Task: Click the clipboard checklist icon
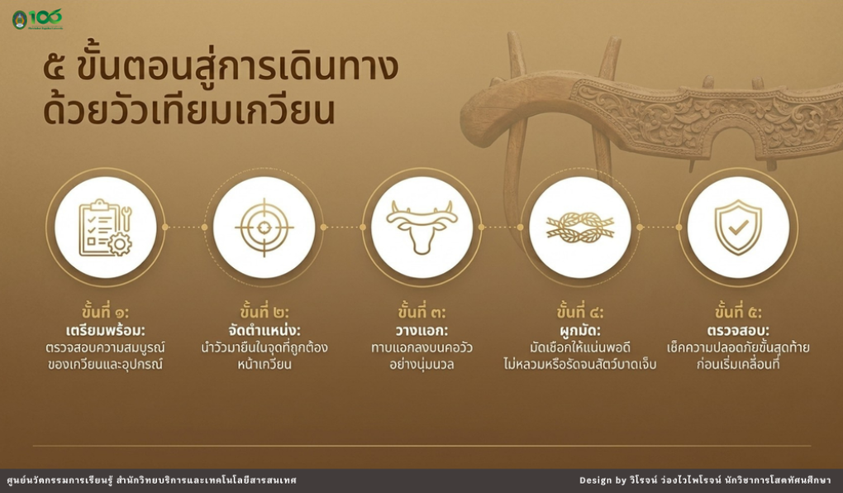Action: (106, 227)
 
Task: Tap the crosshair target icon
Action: (264, 227)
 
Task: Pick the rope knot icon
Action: (580, 227)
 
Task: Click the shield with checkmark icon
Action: (738, 227)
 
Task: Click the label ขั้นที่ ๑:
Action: (106, 312)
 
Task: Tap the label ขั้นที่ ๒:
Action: (264, 312)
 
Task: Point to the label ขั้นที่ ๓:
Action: (422, 312)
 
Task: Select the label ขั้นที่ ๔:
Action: (580, 312)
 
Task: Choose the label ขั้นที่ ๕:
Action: (738, 312)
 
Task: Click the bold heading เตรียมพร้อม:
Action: (106, 329)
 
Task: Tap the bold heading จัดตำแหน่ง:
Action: (264, 329)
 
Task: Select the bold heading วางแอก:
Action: (422, 330)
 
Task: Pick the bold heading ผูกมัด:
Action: (580, 329)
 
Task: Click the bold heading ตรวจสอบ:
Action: (738, 330)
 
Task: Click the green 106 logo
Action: (38, 19)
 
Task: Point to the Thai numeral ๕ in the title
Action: (56, 69)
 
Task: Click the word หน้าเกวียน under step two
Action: (264, 364)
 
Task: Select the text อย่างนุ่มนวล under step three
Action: (422, 364)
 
